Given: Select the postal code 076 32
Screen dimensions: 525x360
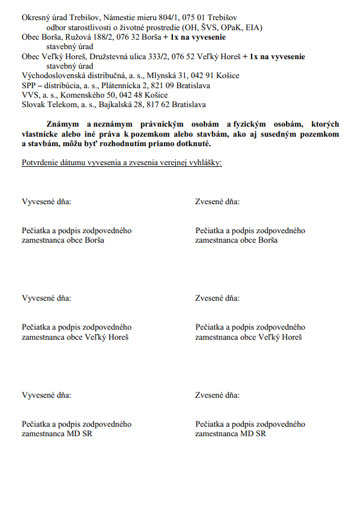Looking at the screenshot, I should (x=130, y=37).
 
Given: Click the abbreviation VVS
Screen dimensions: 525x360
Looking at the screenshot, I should (x=30, y=95).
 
